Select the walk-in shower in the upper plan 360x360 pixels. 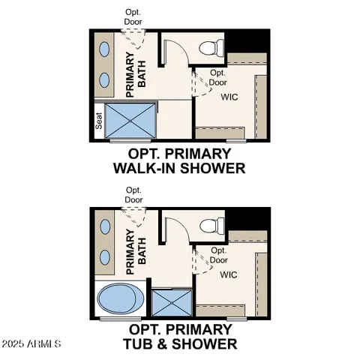coord(131,120)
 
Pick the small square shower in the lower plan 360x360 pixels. coord(171,302)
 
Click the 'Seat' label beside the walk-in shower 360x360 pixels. coord(99,121)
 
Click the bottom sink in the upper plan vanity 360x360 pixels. coord(105,80)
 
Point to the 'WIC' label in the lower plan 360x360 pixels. coord(229,274)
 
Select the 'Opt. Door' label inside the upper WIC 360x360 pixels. coord(218,77)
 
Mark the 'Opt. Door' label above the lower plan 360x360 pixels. coord(134,195)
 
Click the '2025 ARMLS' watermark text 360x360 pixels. coord(33,344)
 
